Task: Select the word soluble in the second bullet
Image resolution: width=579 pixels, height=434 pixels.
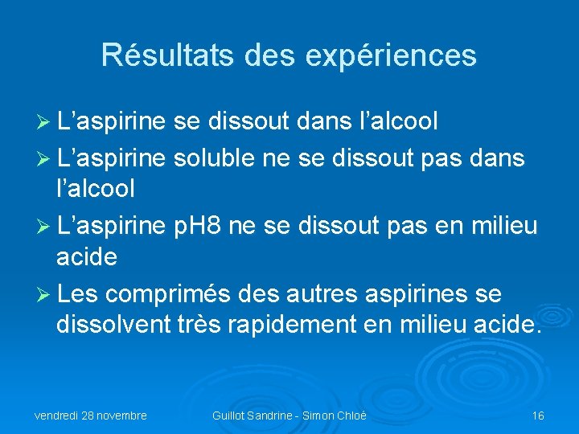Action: click(212, 158)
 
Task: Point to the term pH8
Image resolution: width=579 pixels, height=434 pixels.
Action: click(199, 227)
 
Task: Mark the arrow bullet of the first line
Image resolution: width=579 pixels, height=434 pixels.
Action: click(44, 122)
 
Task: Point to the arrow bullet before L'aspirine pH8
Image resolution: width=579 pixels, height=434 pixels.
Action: click(44, 227)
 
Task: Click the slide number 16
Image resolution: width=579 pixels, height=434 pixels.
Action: click(538, 416)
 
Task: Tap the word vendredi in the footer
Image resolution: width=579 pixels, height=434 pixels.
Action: click(59, 416)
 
